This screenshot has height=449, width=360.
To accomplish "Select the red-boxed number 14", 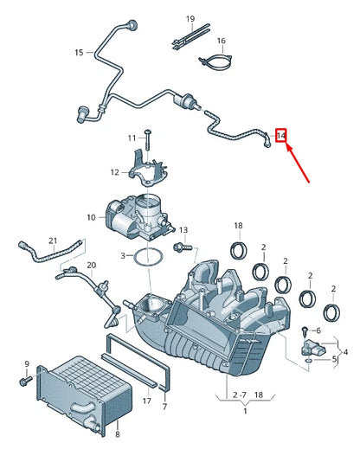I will pyautogui.click(x=281, y=135).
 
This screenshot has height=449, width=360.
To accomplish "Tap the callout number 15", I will pyautogui.click(x=79, y=53).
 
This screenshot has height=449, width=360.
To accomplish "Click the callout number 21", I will pyautogui.click(x=53, y=240).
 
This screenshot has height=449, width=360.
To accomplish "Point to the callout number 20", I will pyautogui.click(x=92, y=265).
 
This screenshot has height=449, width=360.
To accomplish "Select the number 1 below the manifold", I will pyautogui.click(x=230, y=410).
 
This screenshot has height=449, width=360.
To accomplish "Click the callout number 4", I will pyautogui.click(x=345, y=352).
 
